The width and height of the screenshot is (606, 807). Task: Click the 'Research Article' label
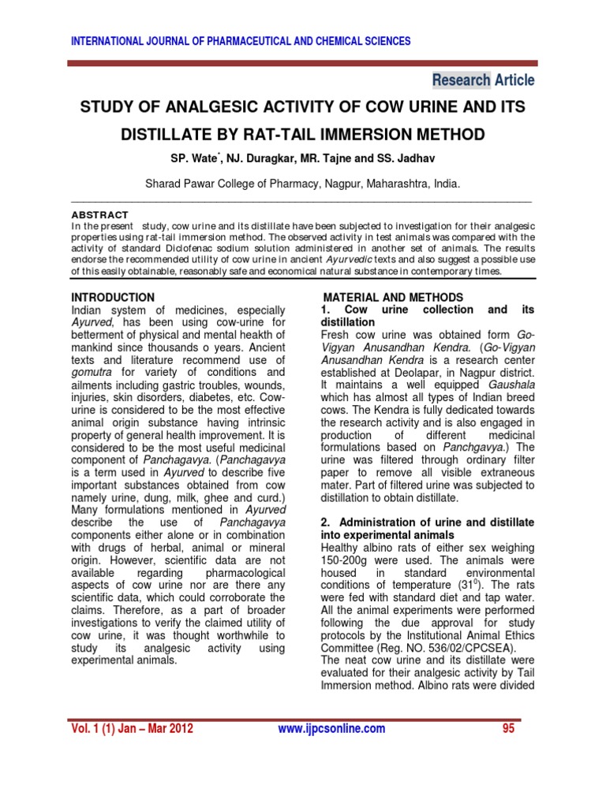(483, 80)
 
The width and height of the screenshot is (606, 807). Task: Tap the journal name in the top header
(241, 42)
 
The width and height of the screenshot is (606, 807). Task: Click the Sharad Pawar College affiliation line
(303, 184)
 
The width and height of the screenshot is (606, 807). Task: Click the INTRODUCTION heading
(114, 297)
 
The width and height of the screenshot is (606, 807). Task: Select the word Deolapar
(418, 372)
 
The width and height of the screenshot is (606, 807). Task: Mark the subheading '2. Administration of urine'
(427, 522)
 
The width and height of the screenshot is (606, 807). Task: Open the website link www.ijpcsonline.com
(332, 729)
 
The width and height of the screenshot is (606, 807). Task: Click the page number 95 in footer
(507, 729)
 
